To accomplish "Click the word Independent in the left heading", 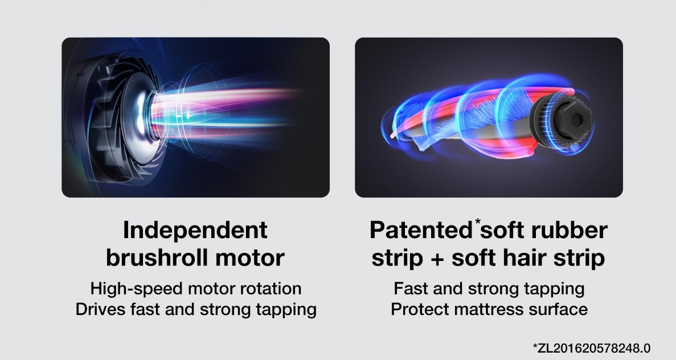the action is pyautogui.click(x=195, y=230).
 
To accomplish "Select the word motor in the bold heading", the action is pyautogui.click(x=249, y=258).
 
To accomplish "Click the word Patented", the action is pyautogui.click(x=421, y=230).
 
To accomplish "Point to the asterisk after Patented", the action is pyautogui.click(x=478, y=222).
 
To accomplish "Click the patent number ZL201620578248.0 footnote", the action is pyautogui.click(x=592, y=348).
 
